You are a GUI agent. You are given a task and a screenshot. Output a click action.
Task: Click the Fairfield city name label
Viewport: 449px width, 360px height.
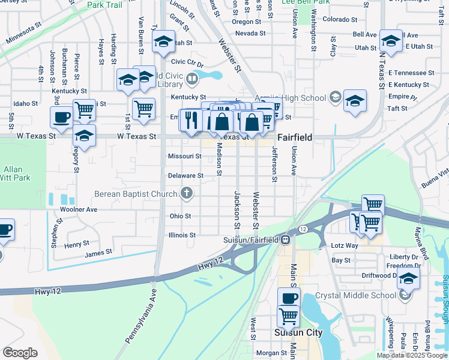click(294, 137)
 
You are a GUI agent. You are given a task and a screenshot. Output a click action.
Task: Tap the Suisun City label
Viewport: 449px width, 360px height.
click(298, 332)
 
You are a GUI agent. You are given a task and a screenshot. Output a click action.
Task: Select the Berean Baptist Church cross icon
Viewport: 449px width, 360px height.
click(187, 193)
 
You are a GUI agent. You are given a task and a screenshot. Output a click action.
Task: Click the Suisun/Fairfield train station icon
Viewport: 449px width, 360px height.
click(286, 240)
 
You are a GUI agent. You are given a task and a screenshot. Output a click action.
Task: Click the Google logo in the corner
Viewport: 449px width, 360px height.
click(20, 353)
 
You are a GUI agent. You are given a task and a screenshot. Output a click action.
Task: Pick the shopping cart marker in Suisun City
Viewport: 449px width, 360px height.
click(289, 316)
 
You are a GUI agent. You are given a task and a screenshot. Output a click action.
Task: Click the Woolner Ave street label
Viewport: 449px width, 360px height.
click(79, 210)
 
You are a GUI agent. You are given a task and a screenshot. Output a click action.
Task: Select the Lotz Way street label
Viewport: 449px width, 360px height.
click(345, 246)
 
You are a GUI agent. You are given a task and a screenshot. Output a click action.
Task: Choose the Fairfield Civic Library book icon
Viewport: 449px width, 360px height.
click(191, 79)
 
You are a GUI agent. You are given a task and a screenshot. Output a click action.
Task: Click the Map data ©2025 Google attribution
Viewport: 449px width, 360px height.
click(412, 355)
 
